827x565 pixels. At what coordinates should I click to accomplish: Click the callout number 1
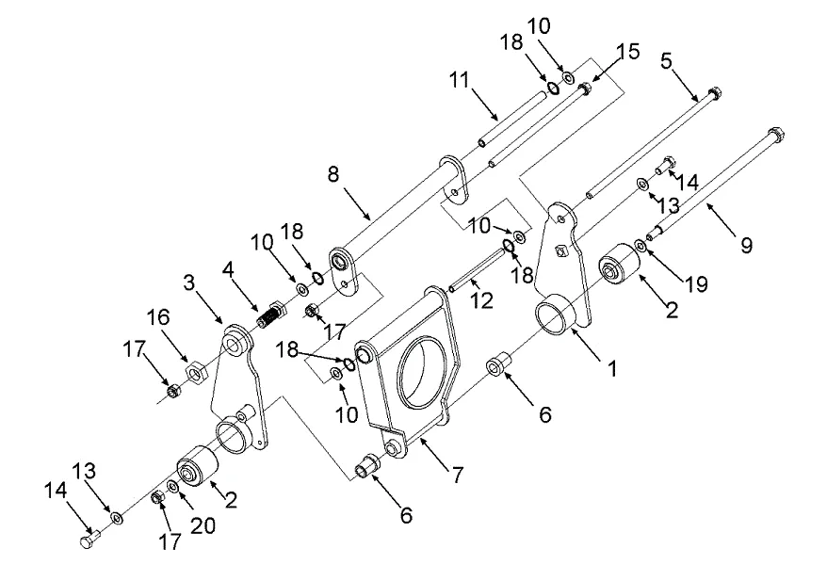point(612,368)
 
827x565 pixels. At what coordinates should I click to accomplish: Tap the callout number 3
point(188,282)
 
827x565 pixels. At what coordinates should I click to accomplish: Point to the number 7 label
point(457,475)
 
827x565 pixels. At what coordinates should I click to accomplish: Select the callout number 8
point(332,174)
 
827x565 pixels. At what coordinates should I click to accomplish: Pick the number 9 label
point(746,245)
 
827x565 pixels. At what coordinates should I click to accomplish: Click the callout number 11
point(459,81)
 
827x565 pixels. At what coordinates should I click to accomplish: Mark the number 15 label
point(627,52)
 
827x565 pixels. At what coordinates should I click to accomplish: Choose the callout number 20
point(203,526)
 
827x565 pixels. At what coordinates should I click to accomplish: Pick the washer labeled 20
point(173,485)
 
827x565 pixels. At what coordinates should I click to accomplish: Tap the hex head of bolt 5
point(714,93)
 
